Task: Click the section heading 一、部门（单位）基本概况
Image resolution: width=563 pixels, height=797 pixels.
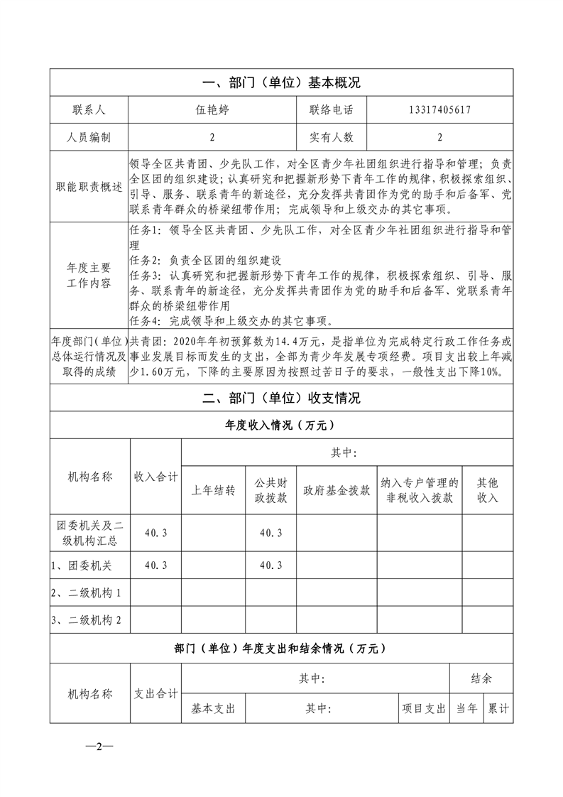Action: point(281,82)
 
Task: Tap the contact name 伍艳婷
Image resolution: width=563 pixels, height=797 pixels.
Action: point(212,110)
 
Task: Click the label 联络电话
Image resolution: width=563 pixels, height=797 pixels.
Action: point(331,110)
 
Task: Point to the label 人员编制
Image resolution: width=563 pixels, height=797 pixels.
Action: point(88,137)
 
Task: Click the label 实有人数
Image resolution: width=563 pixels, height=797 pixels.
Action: point(331,137)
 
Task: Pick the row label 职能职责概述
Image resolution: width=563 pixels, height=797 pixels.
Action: point(88,187)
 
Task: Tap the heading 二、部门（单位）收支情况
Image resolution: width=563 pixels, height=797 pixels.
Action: point(281,398)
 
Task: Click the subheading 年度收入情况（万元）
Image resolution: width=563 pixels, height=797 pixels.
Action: point(281,425)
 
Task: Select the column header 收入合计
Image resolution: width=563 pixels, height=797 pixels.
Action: point(155,477)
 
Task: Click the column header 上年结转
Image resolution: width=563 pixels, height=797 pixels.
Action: point(213,490)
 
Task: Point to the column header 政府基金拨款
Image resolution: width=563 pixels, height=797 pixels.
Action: point(336,490)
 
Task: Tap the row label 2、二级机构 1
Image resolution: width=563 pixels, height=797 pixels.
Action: point(86,592)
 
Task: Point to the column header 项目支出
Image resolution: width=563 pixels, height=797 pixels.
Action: point(423,708)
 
